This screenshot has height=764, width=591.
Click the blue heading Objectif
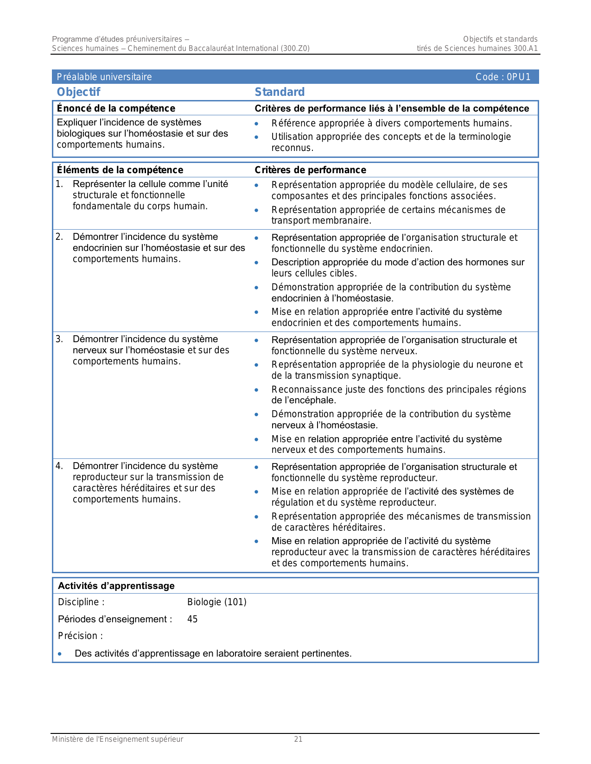pos(78,92)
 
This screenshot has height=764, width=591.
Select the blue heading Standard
pos(280,92)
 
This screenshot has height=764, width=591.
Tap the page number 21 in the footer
pos(298,739)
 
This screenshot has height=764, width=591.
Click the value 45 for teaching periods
pos(192,619)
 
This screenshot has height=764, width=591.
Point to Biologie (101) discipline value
pos(216,602)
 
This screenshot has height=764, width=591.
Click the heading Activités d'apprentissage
pos(116,586)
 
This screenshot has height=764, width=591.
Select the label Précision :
pos(80,636)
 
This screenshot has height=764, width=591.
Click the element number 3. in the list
pos(59,339)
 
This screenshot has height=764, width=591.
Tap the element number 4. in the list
pos(59,466)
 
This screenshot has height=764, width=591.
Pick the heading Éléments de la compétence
pos(120,170)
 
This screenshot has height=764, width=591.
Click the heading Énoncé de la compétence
pos(116,108)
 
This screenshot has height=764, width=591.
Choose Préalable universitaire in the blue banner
pos(104,77)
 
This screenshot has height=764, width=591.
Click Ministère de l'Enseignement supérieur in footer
pos(117,739)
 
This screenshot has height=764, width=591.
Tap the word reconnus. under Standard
pos(292,148)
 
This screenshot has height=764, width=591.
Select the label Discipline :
pos(81,602)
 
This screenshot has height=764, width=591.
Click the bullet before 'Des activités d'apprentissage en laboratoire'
pos(60,654)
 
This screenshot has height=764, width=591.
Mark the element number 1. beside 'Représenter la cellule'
pos(59,184)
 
